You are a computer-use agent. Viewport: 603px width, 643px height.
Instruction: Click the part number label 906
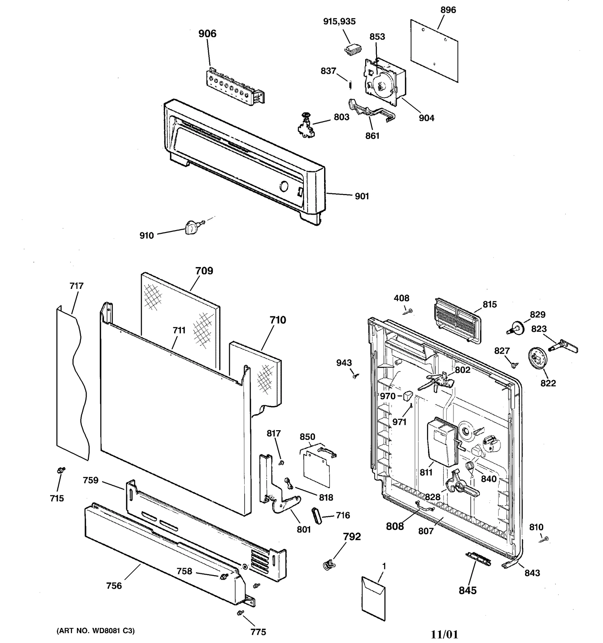coord(207,34)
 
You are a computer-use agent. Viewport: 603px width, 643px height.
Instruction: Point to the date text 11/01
coord(444,634)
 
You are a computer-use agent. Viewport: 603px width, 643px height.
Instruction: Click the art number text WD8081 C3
coord(95,631)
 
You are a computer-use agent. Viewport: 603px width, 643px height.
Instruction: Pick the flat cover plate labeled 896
coord(434,51)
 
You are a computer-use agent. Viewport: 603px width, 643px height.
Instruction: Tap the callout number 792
coord(352,536)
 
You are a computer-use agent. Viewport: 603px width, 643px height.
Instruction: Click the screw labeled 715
coord(60,470)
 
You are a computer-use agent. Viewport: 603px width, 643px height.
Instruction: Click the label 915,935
coord(339,21)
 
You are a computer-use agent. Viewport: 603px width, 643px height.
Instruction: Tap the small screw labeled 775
coord(239,614)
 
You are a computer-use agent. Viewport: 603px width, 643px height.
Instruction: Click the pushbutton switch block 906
coord(234,87)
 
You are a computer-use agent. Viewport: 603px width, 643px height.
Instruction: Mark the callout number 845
coord(467,590)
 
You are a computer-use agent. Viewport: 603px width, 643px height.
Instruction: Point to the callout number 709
coord(204,271)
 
